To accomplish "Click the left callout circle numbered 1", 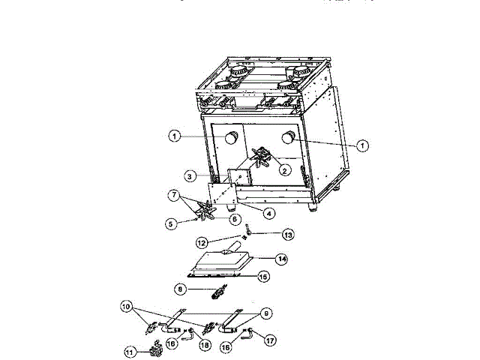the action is [x=174, y=136].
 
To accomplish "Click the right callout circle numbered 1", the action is [x=362, y=145].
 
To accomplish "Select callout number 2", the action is [x=283, y=170].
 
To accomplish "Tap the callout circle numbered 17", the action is [x=270, y=339].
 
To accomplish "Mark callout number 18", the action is [x=202, y=344].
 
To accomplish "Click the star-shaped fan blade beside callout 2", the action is [x=263, y=158].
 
